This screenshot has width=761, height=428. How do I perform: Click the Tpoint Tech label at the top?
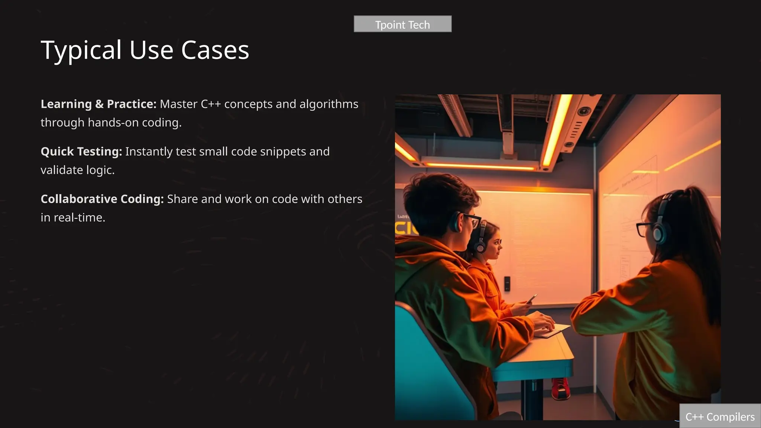402,25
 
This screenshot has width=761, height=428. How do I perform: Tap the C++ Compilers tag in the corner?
720,417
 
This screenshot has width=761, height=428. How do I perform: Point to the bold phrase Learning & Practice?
98,104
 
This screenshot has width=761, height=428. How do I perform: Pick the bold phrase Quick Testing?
81,152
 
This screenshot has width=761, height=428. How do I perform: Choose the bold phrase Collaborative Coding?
102,199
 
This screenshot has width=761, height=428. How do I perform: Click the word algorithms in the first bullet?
329,104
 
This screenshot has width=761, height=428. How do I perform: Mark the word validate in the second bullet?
62,170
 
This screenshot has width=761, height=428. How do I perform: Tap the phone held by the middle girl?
532,298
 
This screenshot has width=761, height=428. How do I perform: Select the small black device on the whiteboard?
507,283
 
